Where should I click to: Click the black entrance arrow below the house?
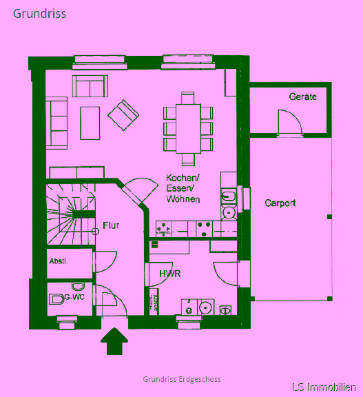[x=114, y=341]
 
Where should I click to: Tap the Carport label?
[x=280, y=203]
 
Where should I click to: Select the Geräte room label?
[x=303, y=96]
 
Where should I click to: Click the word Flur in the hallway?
[x=111, y=225]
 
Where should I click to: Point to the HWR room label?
[x=170, y=274]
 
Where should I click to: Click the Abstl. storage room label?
[x=59, y=261]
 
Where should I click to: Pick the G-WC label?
[x=74, y=297]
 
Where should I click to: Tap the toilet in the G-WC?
[x=56, y=299]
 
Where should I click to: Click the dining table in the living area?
[x=189, y=129]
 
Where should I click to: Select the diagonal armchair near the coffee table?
[x=123, y=115]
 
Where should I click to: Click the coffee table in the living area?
[x=90, y=123]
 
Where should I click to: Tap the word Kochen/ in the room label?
[x=183, y=178]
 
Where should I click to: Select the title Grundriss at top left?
[x=40, y=14]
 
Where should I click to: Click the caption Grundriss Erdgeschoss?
[x=182, y=379]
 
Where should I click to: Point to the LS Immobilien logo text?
[x=324, y=387]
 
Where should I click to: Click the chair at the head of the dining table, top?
[x=187, y=98]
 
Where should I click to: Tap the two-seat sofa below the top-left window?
[x=90, y=86]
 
